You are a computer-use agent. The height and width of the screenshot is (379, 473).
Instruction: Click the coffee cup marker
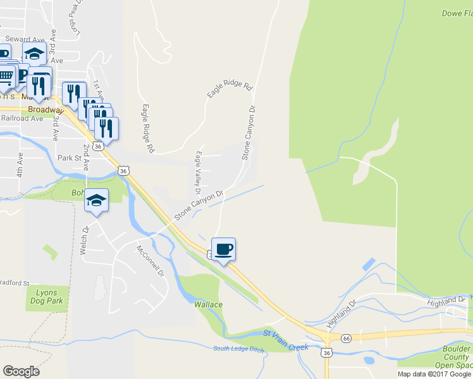click(x=223, y=250)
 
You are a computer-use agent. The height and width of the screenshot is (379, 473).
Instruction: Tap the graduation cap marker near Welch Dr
click(x=96, y=201)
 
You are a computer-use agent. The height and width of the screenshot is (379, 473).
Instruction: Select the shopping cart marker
click(x=6, y=76)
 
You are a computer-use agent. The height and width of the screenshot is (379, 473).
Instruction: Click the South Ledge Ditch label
click(x=237, y=349)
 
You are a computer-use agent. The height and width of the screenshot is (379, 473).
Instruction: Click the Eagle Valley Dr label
click(x=198, y=172)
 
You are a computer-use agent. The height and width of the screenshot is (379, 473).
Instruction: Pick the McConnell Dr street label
click(x=150, y=261)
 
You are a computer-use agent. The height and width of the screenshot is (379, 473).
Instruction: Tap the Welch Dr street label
click(x=83, y=241)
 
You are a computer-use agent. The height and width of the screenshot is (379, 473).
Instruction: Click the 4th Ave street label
click(x=20, y=164)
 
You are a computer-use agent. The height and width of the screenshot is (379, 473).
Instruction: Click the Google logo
click(x=21, y=371)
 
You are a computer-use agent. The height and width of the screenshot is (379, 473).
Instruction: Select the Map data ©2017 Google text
click(x=433, y=374)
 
